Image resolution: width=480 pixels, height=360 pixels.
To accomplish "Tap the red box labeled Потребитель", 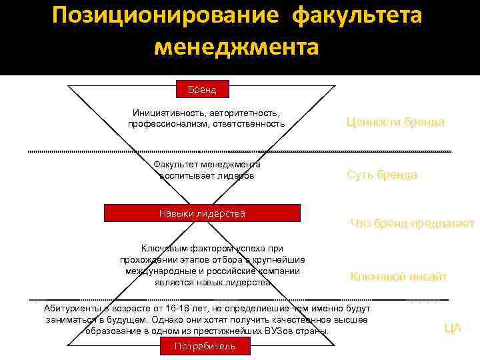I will (x=205, y=346).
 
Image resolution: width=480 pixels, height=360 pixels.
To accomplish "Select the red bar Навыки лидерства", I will (x=203, y=213).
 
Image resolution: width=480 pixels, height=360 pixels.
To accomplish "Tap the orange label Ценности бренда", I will (x=395, y=123).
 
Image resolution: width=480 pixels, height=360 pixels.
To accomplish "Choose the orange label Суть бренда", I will (x=382, y=175).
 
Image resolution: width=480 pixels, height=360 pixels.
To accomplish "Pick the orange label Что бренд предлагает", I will (x=412, y=224).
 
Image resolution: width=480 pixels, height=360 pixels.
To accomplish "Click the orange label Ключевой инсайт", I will (x=399, y=277).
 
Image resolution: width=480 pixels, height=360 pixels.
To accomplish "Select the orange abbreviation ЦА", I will (x=453, y=328).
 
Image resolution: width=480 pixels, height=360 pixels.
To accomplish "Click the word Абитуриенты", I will (x=73, y=309).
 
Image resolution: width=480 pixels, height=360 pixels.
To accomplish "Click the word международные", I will (x=160, y=271).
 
